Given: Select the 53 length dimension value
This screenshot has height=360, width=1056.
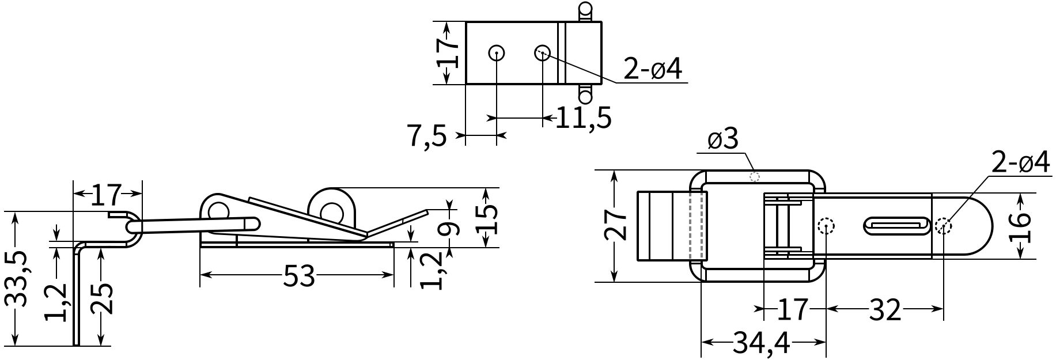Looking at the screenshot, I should tap(299, 276).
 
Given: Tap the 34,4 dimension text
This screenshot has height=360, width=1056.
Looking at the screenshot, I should tap(762, 344).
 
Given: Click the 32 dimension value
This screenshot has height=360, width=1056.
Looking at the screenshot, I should tap(884, 310).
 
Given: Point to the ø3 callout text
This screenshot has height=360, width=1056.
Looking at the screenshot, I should tap(722, 140).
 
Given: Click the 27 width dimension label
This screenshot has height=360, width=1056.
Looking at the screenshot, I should tap(617, 225).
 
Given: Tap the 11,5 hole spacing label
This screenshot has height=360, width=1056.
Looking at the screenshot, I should tap(583, 118).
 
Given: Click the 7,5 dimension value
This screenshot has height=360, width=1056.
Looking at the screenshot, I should tap(427, 137).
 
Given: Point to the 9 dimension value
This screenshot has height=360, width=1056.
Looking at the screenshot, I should tap(451, 228).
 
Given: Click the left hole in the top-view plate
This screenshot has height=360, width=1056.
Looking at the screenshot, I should tap(496, 54).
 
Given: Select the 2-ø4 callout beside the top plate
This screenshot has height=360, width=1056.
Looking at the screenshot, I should tap(653, 70).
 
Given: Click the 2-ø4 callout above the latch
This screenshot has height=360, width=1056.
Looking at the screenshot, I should tap(1020, 164).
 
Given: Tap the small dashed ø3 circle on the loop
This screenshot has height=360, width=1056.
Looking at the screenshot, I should tap(754, 177).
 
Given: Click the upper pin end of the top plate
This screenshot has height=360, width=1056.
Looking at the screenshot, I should tap(585, 11).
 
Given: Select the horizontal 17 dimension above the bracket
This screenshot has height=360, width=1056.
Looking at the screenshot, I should tap(107, 195).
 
